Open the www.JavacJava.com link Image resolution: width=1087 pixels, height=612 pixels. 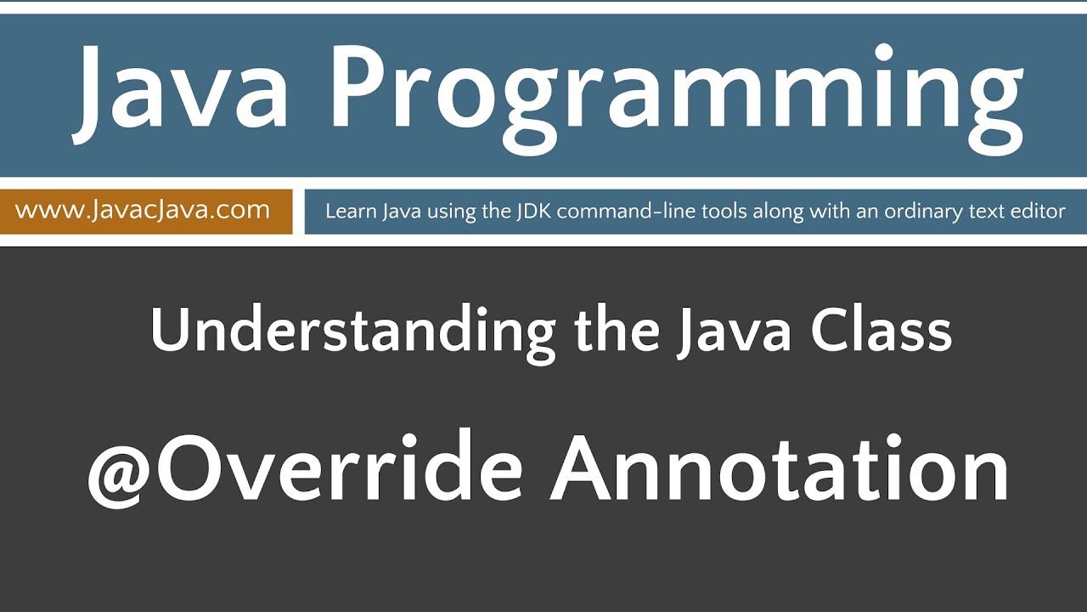(x=143, y=210)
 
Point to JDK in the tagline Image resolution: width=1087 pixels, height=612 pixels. (x=533, y=211)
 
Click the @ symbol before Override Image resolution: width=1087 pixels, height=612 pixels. (x=119, y=473)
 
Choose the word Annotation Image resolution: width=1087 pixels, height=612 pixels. (x=780, y=471)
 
